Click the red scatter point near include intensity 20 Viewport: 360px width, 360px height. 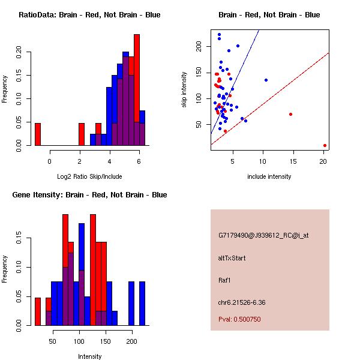(325, 145)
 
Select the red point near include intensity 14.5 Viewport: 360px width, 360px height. (290, 114)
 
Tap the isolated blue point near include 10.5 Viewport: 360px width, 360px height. (266, 80)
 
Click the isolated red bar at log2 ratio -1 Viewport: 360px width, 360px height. (38, 134)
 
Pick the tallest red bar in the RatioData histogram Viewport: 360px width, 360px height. (137, 90)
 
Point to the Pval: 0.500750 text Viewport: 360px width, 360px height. (239, 319)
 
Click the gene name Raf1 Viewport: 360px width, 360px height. (225, 280)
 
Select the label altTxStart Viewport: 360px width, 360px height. (232, 258)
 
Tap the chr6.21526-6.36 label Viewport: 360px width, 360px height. (241, 302)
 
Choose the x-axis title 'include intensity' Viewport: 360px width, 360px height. (269, 176)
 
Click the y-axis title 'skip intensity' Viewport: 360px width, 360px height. (185, 90)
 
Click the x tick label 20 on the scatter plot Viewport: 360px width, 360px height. (324, 161)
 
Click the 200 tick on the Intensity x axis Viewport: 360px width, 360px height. (131, 341)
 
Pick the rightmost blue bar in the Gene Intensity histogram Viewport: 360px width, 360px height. (142, 304)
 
